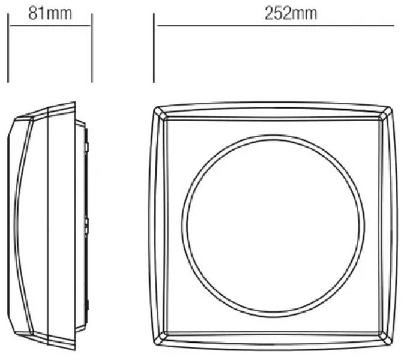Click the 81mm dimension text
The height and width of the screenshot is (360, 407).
[50, 14]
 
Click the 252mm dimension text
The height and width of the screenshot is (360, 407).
[291, 14]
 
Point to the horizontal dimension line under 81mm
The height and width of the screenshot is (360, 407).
[50, 25]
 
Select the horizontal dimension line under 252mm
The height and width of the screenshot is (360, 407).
[276, 25]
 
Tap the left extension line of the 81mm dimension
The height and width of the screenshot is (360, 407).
[8, 48]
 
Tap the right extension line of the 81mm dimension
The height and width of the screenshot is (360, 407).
[92, 48]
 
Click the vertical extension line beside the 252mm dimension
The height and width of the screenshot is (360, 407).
[154, 48]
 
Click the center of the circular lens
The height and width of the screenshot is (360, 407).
[273, 226]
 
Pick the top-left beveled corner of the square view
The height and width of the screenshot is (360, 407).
[160, 113]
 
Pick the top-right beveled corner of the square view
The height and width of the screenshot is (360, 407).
[386, 113]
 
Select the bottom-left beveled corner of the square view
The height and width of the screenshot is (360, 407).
[160, 338]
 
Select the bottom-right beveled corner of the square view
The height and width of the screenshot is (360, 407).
[386, 338]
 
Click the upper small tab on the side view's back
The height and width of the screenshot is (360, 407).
[87, 147]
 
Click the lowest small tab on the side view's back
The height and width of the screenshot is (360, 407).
[87, 305]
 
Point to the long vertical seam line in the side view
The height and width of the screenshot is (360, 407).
[48, 226]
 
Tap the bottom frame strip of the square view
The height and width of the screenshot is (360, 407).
[273, 340]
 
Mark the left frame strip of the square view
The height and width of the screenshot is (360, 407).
[158, 226]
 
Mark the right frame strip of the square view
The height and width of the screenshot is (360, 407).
[388, 226]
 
